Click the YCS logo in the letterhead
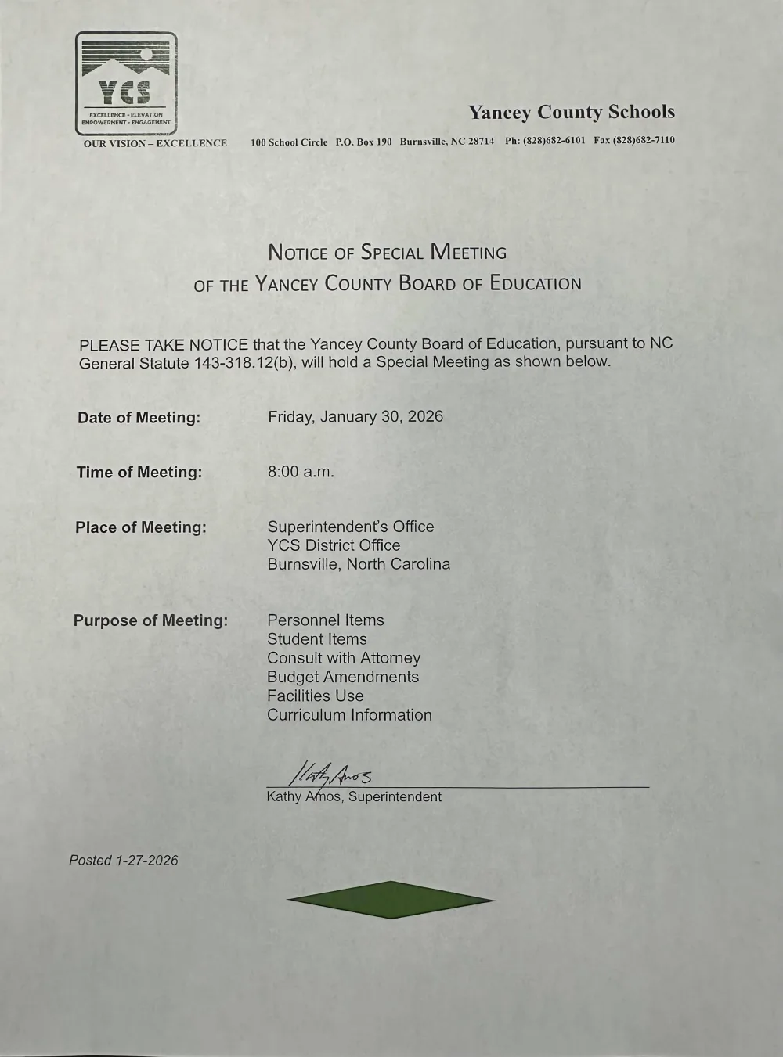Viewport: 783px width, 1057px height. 126,83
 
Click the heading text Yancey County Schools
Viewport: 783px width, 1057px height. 571,113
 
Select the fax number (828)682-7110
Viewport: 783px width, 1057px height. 644,141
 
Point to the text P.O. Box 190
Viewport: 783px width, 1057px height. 363,142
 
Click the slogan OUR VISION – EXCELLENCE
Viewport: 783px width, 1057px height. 155,143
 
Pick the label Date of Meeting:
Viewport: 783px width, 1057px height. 139,418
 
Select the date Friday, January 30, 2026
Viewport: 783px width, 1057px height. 355,416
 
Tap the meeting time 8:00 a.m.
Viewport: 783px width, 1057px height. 301,472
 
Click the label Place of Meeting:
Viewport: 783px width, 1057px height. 141,527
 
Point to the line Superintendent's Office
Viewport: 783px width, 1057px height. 351,527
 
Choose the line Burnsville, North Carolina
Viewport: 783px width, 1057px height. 359,564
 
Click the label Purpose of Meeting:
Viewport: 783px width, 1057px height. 150,620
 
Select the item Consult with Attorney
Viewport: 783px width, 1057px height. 344,658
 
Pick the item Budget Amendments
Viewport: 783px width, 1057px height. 343,677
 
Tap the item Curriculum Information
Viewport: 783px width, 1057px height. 349,715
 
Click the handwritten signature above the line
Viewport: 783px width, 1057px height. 330,775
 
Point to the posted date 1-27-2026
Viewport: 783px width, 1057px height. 146,861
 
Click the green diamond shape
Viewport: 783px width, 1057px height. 391,900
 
